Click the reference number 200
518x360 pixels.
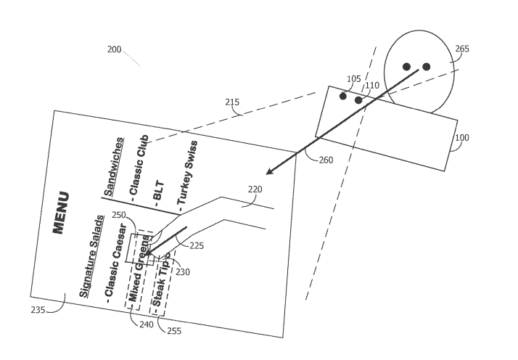point(115,49)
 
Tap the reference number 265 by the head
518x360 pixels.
point(462,49)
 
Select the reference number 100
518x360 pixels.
point(461,138)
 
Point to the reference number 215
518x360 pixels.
point(232,103)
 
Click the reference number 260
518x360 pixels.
point(326,160)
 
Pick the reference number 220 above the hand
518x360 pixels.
point(255,189)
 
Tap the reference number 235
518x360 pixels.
point(38,309)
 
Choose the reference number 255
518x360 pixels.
point(174,331)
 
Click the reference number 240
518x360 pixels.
point(146,325)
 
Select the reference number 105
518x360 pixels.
point(353,78)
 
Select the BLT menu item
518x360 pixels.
point(160,191)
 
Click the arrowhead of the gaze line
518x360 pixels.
point(269,172)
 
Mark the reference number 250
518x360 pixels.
point(118,216)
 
